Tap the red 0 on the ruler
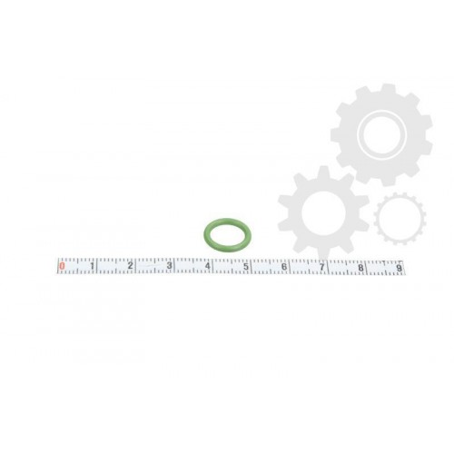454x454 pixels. tap(63, 266)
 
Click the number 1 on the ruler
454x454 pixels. tap(93, 266)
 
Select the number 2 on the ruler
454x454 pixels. tap(130, 266)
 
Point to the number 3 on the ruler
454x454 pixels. tap(169, 266)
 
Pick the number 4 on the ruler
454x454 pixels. tap(207, 266)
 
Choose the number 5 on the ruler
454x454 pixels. tap(246, 267)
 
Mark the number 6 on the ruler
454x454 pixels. tap(284, 267)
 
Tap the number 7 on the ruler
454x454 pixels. tap(322, 267)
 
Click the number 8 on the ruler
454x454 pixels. tap(360, 268)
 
